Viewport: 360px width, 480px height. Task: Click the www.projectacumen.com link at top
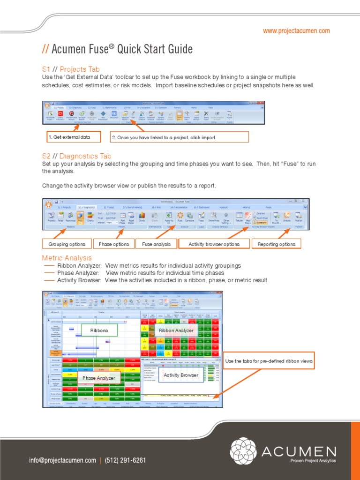[296, 31]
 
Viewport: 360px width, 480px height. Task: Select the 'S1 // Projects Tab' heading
[71, 69]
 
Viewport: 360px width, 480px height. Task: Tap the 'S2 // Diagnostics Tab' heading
[77, 156]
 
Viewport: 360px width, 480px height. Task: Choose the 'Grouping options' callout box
[67, 244]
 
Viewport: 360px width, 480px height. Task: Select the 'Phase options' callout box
[114, 244]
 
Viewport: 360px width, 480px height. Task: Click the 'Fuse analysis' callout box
[156, 244]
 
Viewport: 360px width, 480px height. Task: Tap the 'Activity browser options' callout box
[214, 244]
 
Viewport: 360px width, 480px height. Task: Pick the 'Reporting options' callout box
[277, 244]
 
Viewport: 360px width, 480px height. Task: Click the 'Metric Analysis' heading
[67, 258]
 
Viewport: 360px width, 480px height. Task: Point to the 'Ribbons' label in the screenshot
[99, 330]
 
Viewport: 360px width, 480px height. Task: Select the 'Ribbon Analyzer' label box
[176, 330]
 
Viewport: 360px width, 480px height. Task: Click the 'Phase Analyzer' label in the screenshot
[98, 377]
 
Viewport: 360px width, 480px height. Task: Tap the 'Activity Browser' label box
[180, 375]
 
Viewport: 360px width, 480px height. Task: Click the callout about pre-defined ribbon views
[269, 361]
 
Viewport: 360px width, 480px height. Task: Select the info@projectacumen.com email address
[62, 460]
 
